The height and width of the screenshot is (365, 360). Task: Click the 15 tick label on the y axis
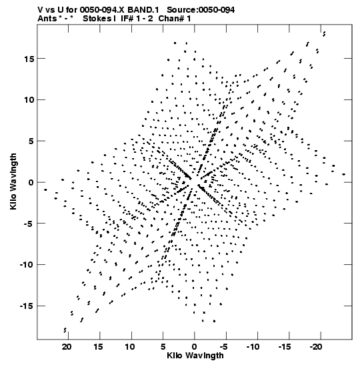pyautogui.click(x=29, y=59)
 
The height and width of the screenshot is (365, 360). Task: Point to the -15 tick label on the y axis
pyautogui.click(x=27, y=306)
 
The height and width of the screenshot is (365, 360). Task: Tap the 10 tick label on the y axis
pyautogui.click(x=29, y=100)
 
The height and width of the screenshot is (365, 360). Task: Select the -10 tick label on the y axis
pyautogui.click(x=27, y=265)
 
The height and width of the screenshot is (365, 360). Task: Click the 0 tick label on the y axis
pyautogui.click(x=31, y=183)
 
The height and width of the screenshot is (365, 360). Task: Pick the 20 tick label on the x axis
pyautogui.click(x=67, y=347)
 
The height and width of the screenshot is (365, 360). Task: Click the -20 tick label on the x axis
pyautogui.click(x=316, y=347)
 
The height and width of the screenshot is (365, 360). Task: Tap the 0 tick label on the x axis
pyautogui.click(x=195, y=347)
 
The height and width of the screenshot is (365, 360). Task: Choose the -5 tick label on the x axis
pyautogui.click(x=223, y=347)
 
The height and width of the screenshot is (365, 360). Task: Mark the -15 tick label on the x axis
pyautogui.click(x=285, y=347)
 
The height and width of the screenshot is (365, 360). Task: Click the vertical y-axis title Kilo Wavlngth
pyautogui.click(x=13, y=181)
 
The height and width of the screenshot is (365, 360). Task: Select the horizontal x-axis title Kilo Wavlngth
pyautogui.click(x=195, y=356)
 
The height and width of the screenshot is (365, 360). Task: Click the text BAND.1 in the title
pyautogui.click(x=143, y=10)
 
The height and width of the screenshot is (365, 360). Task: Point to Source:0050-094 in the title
pyautogui.click(x=201, y=10)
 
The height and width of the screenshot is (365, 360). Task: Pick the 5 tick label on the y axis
pyautogui.click(x=31, y=141)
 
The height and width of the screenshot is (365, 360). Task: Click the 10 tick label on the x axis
pyautogui.click(x=130, y=347)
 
